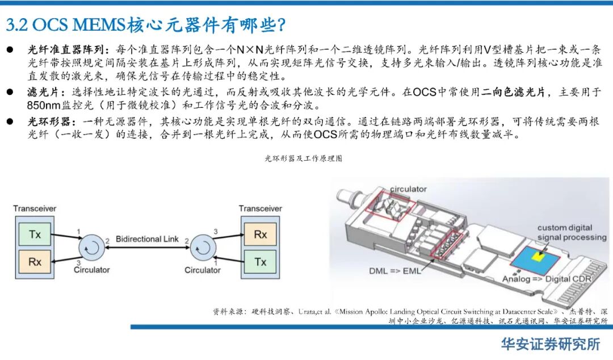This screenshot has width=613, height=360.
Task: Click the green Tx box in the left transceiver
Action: pos(35,234)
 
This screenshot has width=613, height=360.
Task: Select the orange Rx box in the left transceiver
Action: pos(35,262)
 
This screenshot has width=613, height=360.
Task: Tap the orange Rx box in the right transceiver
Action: pos(260,234)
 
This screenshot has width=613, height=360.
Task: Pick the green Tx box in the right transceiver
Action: pos(260,262)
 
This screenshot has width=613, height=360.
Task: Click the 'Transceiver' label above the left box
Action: pos(35,208)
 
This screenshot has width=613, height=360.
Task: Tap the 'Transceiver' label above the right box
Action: pos(260,208)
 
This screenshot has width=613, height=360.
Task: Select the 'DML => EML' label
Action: pos(395,271)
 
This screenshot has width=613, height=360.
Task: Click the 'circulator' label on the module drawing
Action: pos(408,189)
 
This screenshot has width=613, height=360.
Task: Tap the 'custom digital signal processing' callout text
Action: pos(572,232)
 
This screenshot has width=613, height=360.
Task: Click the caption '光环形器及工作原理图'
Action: pos(303,158)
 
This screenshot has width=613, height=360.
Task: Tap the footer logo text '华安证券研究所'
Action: pos(549,344)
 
